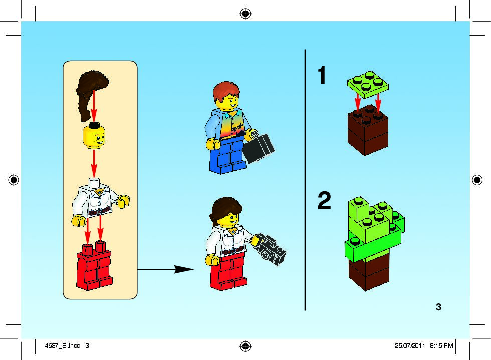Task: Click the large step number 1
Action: (x=322, y=75)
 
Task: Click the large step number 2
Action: (x=324, y=200)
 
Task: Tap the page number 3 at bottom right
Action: (x=438, y=307)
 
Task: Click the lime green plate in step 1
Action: (x=368, y=84)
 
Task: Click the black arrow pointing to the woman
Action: (x=166, y=269)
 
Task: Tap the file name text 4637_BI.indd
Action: (x=63, y=345)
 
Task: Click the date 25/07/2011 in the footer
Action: (x=410, y=345)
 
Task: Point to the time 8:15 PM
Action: (x=441, y=345)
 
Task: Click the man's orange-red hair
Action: (x=226, y=90)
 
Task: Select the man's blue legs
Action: (x=227, y=157)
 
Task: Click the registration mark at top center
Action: (x=245, y=14)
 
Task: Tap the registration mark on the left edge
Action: (x=14, y=180)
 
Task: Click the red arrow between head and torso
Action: (x=94, y=164)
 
